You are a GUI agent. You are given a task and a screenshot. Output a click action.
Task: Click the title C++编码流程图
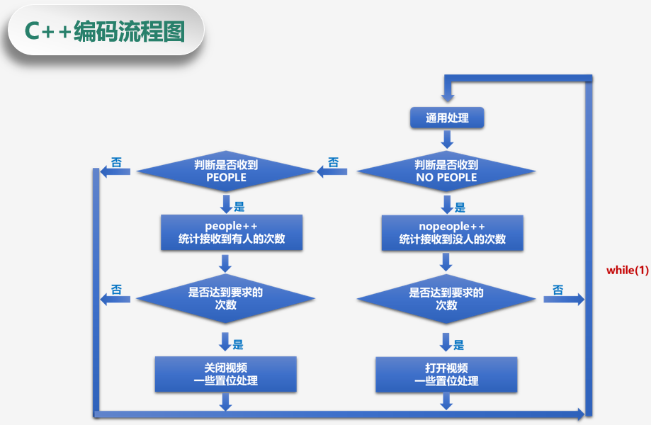(104, 30)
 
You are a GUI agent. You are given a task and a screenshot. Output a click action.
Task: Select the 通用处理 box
(447, 118)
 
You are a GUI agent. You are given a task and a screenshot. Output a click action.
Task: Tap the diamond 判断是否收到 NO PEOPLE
(446, 171)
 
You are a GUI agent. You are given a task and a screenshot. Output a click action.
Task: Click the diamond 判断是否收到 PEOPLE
(226, 171)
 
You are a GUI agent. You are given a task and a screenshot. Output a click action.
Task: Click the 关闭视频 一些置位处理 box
(225, 374)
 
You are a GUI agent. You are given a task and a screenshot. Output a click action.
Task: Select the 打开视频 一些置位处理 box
(446, 374)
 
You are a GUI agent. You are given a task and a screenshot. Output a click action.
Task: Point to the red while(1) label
(627, 270)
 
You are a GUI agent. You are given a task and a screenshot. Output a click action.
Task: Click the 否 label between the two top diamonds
(333, 163)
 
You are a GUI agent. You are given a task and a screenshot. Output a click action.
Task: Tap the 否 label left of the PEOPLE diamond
(116, 163)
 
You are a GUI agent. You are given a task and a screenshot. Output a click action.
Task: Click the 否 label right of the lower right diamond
(557, 290)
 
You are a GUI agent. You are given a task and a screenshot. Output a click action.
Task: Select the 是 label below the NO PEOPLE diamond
(460, 208)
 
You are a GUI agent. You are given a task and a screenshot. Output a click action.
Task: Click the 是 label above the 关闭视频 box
(238, 345)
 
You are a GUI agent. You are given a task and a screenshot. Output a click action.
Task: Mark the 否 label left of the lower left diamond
(116, 290)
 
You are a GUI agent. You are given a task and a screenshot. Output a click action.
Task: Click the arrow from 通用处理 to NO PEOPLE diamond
(447, 139)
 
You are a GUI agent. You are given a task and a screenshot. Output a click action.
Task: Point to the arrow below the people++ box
(226, 263)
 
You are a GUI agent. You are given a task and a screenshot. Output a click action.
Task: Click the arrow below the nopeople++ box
(446, 263)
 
